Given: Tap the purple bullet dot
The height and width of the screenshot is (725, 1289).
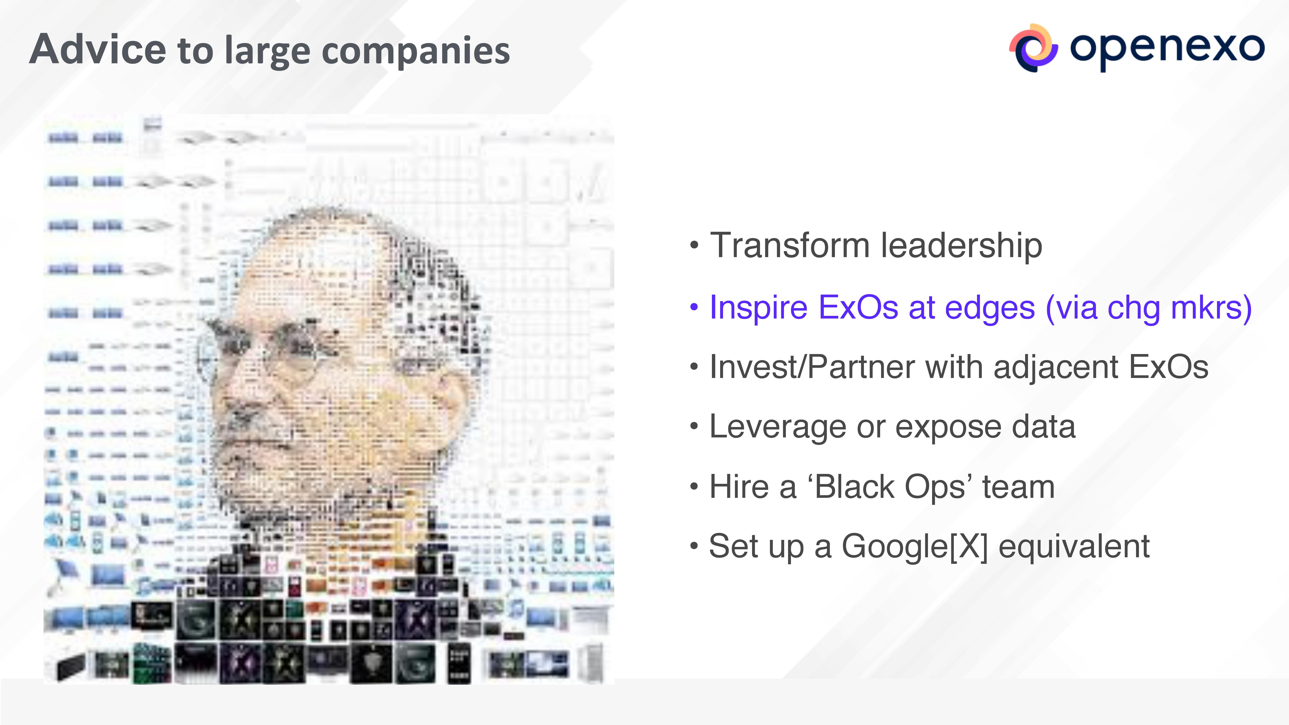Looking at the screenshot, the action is (x=694, y=307).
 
